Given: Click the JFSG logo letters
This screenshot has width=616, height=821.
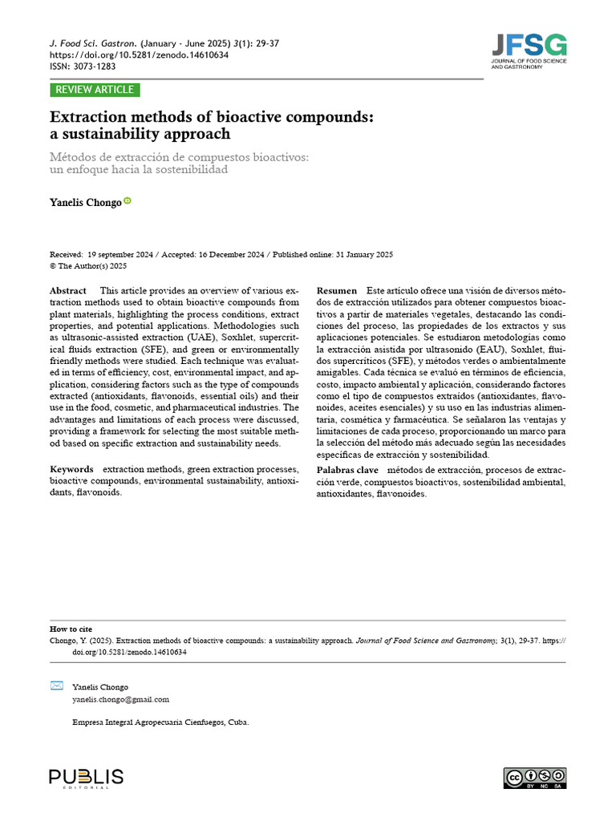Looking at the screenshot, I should (529, 44).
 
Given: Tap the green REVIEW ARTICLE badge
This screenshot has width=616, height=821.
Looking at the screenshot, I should (95, 90).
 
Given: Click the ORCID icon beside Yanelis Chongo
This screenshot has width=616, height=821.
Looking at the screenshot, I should (128, 202).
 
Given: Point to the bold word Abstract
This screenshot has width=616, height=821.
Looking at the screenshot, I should (68, 290).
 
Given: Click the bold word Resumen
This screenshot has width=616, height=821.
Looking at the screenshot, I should (337, 290).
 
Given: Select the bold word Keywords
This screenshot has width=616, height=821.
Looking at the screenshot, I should (71, 469).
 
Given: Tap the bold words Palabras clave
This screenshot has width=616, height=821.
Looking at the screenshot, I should (347, 469).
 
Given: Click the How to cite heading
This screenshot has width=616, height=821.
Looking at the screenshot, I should (70, 629).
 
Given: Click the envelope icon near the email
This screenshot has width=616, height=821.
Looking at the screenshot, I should (56, 686).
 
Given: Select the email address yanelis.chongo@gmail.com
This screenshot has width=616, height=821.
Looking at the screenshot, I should (120, 699).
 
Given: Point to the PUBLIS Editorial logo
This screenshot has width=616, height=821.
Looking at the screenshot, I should (86, 778).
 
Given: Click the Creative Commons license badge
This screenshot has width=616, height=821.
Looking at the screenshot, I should (534, 778).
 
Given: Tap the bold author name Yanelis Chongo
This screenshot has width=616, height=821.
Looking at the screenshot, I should (86, 203).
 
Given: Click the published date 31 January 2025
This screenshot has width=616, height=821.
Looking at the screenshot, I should (363, 254).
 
